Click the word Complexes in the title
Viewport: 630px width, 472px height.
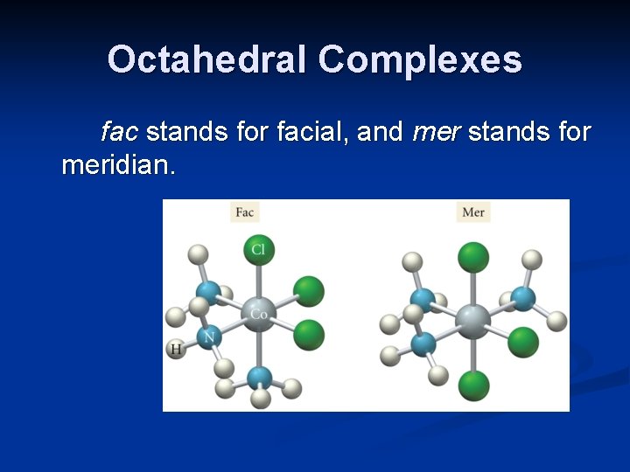pyautogui.click(x=420, y=60)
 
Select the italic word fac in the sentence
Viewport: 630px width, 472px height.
pyautogui.click(x=119, y=132)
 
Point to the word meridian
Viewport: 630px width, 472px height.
pyautogui.click(x=118, y=164)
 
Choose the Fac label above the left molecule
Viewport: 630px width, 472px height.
pyautogui.click(x=245, y=212)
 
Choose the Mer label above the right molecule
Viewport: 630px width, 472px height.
pyautogui.click(x=473, y=212)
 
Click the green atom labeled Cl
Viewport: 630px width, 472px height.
pyautogui.click(x=258, y=250)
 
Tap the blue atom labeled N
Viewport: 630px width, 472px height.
pyautogui.click(x=208, y=337)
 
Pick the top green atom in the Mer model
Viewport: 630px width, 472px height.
pyautogui.click(x=473, y=257)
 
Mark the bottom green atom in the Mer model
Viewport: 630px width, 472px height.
pyautogui.click(x=473, y=385)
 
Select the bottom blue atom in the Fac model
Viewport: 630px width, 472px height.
pyautogui.click(x=259, y=378)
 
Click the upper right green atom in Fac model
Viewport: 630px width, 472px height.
pyautogui.click(x=308, y=291)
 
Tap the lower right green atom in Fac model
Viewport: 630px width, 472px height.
pyautogui.click(x=308, y=334)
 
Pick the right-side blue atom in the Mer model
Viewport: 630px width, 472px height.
pyautogui.click(x=522, y=298)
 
